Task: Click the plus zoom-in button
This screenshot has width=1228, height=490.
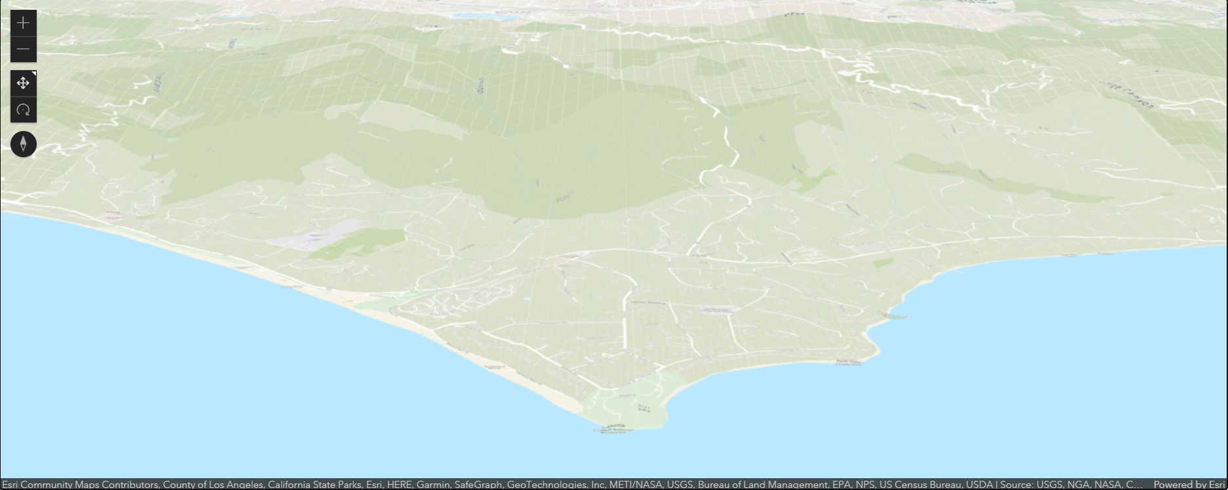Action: point(23,24)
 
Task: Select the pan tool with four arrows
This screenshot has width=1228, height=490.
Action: point(23,83)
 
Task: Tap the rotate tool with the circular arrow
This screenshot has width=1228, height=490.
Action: point(23,110)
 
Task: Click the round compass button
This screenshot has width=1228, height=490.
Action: point(23,144)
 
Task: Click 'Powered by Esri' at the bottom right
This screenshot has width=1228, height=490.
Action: point(1189,485)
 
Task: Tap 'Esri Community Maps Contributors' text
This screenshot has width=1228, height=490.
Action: point(79,485)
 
